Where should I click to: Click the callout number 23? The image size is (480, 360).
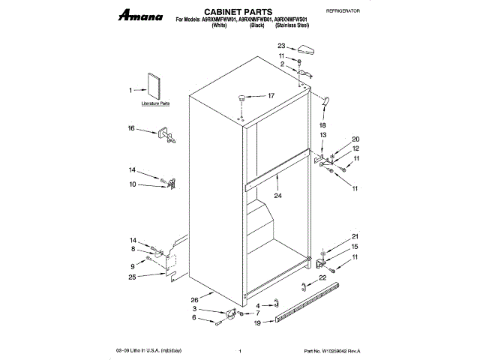[x=281, y=46]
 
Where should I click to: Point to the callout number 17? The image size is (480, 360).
[x=271, y=95]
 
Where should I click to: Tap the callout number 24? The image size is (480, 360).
[x=277, y=196]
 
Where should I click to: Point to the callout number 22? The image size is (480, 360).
[x=322, y=278]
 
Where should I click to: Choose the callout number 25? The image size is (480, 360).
[x=133, y=278]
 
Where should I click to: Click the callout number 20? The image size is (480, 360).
[x=356, y=139]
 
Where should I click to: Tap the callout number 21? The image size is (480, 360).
[x=355, y=237]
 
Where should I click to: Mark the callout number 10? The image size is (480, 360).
[x=133, y=184]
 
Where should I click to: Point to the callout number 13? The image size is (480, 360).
[x=323, y=134]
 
